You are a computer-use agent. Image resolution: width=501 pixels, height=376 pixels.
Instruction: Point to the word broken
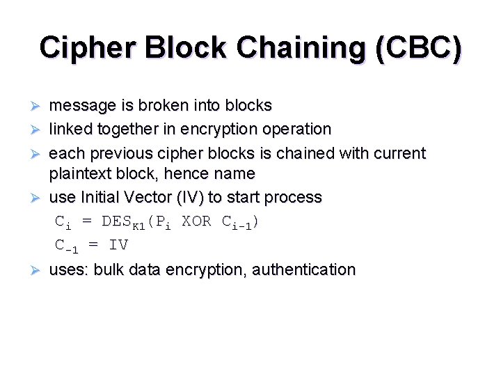pos(166,106)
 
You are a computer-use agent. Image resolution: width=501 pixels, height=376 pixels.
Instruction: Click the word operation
pos(295,130)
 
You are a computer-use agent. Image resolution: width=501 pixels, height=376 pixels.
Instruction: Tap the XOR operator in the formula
pos(197,221)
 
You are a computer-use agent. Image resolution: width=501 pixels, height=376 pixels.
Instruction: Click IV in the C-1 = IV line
pos(118,245)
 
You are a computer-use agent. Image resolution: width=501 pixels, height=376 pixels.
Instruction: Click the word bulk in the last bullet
pos(109,269)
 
